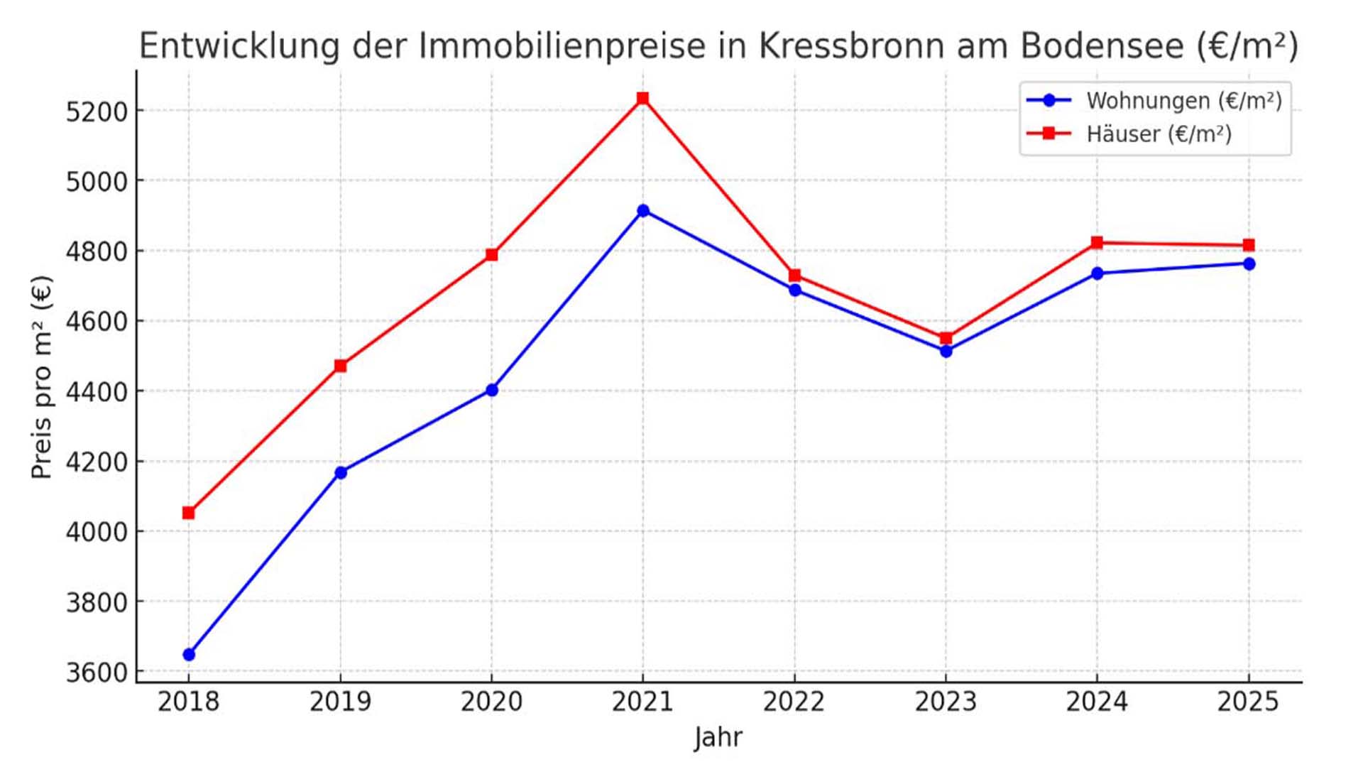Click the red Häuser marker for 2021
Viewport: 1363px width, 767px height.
(642, 98)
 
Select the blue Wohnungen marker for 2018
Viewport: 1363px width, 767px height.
(189, 654)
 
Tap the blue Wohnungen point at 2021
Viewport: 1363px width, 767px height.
(643, 211)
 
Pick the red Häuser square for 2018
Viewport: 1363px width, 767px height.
(188, 513)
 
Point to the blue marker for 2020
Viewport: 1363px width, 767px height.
(492, 390)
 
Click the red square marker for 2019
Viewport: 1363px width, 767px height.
(340, 366)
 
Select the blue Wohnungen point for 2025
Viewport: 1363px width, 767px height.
(1249, 264)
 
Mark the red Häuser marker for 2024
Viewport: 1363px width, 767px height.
(1097, 243)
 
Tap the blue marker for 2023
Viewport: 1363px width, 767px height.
(946, 351)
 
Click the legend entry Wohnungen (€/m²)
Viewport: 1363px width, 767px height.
(1183, 101)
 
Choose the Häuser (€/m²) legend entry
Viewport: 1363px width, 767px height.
(1158, 134)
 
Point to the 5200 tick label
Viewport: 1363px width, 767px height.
(96, 112)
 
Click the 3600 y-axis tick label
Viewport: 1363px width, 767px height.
(96, 673)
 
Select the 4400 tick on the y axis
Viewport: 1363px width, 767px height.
(96, 392)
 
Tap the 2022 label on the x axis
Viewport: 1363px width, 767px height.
(794, 702)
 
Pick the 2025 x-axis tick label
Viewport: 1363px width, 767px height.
(1247, 702)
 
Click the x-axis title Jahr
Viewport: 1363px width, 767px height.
(718, 738)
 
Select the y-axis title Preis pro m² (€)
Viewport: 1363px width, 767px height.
(42, 377)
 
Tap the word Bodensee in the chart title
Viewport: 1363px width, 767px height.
(1102, 46)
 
